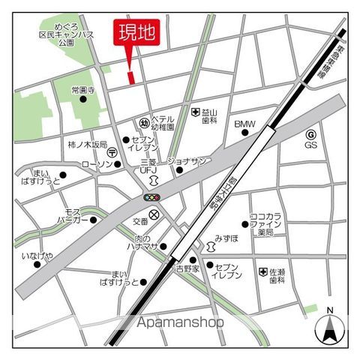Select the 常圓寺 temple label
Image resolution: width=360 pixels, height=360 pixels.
point(83,90)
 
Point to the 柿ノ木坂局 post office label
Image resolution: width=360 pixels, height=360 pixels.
point(88,144)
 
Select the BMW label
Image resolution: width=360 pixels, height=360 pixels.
point(244,124)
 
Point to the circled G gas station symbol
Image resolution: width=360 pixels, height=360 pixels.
point(310,134)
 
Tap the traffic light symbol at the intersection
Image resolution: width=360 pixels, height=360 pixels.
point(153,197)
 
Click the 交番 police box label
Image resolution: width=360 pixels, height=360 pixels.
point(141,221)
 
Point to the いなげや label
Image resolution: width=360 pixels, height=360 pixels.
point(37,256)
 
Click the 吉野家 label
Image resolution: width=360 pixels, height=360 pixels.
point(187,268)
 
